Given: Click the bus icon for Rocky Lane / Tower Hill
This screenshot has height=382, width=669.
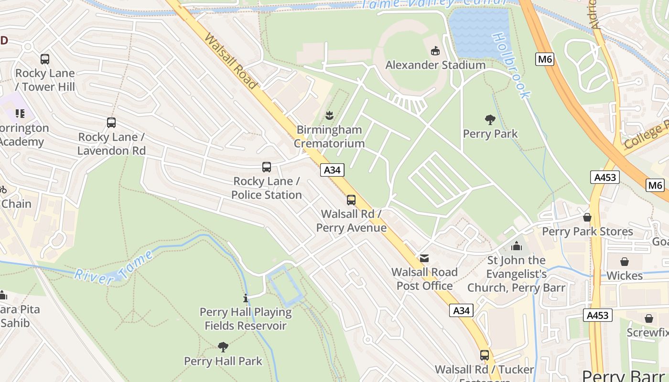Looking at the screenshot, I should pyautogui.click(x=45, y=59).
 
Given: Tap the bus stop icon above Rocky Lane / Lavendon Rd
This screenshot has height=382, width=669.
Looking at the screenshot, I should pyautogui.click(x=111, y=123).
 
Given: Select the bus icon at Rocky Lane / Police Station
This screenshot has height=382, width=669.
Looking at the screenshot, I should pyautogui.click(x=267, y=167).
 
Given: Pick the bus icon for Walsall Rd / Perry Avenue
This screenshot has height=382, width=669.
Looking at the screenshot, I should pyautogui.click(x=351, y=200).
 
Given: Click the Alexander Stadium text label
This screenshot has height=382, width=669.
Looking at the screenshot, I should pyautogui.click(x=435, y=65).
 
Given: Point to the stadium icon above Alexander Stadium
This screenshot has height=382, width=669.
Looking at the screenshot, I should pyautogui.click(x=435, y=51).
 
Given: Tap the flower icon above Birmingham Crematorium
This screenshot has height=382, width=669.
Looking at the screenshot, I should pyautogui.click(x=329, y=115).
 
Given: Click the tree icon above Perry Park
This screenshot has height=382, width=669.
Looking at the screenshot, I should pyautogui.click(x=490, y=119).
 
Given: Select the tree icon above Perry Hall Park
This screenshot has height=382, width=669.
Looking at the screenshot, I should pyautogui.click(x=223, y=347).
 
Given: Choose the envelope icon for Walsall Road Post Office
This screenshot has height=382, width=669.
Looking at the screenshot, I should pyautogui.click(x=424, y=258).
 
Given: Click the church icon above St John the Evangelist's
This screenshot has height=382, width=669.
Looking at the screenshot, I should pyautogui.click(x=516, y=246).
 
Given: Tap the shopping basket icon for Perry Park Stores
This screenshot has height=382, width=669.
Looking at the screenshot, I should pyautogui.click(x=587, y=218).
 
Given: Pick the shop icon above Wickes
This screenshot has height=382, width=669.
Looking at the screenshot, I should pyautogui.click(x=624, y=262).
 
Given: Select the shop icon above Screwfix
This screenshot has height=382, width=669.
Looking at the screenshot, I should pyautogui.click(x=649, y=318).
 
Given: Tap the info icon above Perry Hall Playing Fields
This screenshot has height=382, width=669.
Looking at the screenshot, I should pyautogui.click(x=246, y=298).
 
